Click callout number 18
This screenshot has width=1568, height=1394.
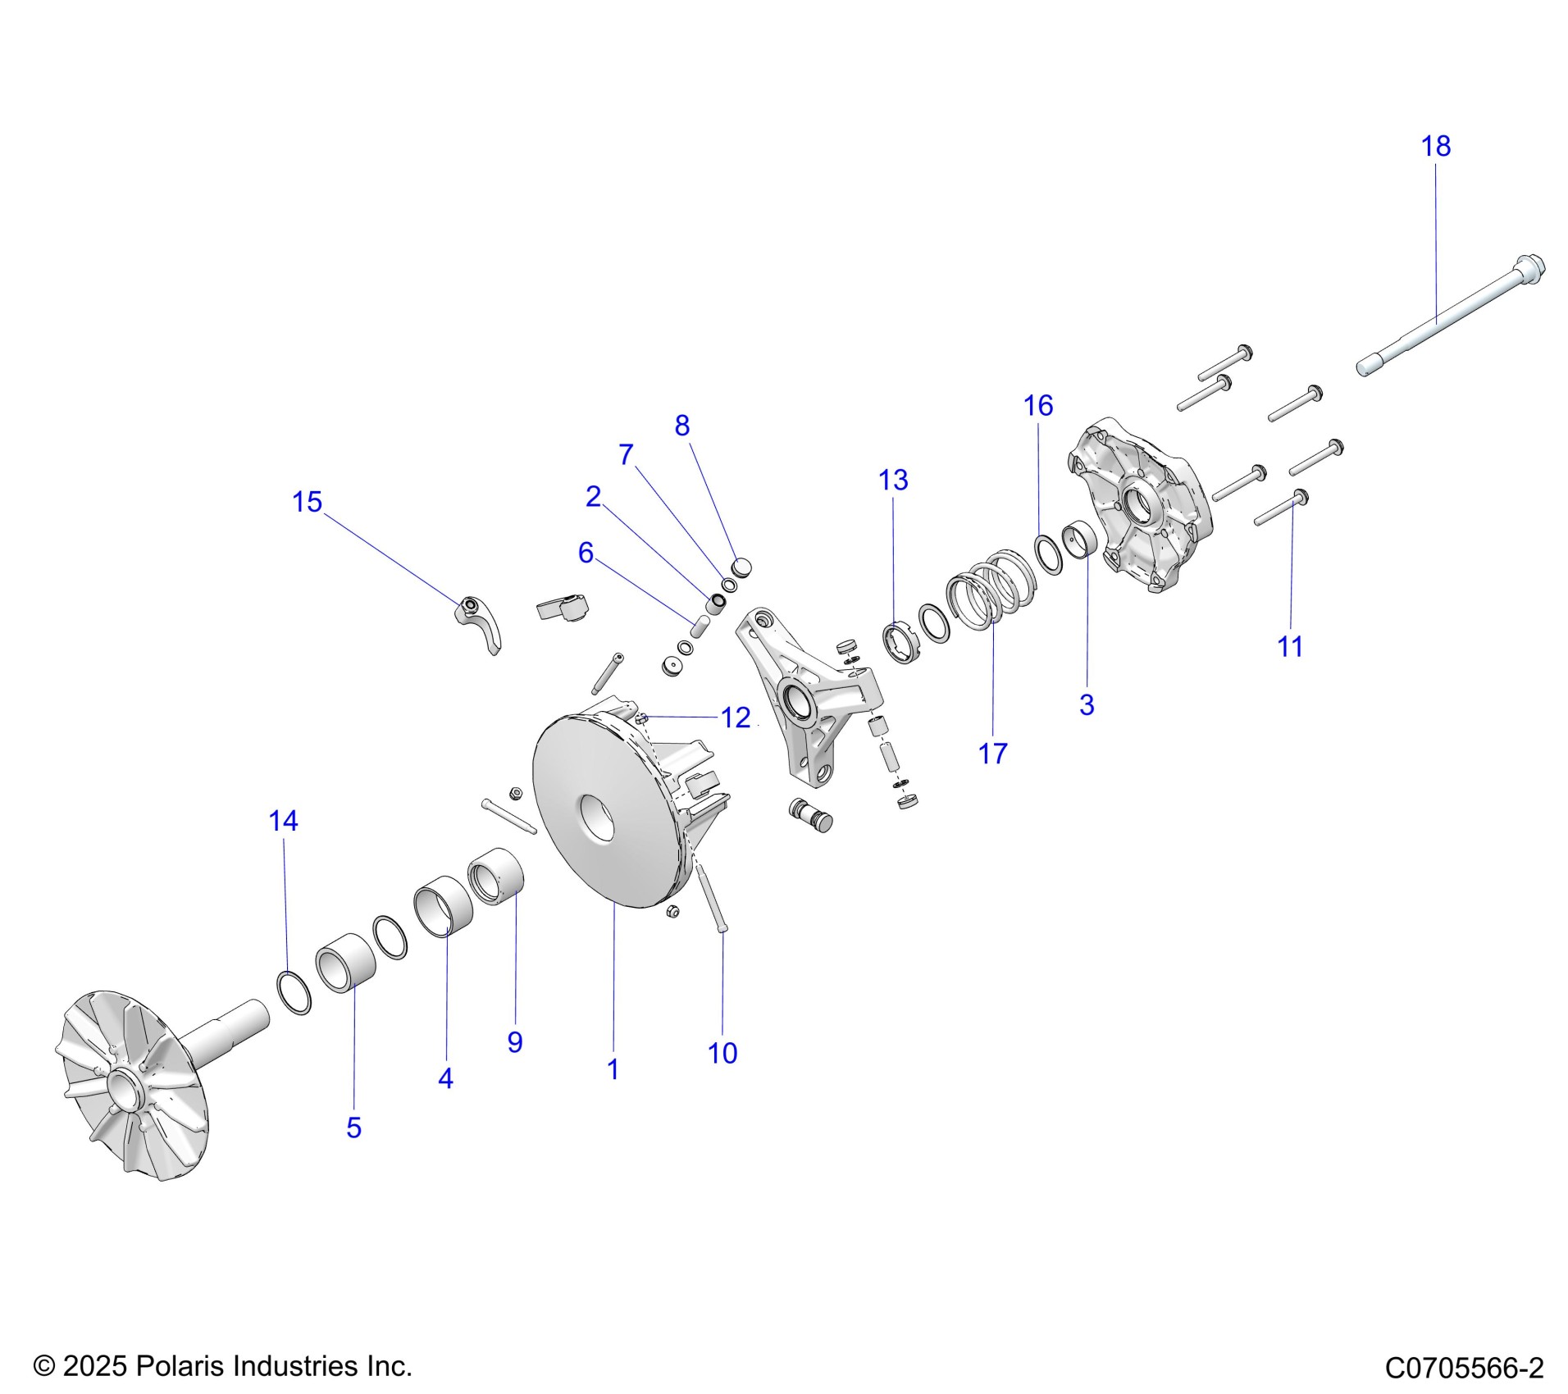pos(1435,147)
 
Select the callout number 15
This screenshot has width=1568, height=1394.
pos(308,502)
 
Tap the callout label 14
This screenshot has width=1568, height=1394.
pos(283,821)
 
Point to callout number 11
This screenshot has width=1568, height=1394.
pos(1290,647)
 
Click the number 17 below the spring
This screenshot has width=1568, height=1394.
pos(992,753)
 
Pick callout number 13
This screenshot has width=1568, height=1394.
pos(893,480)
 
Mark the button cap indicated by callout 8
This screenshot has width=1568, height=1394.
pos(741,566)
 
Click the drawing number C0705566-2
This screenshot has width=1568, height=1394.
pos(1464,1368)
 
